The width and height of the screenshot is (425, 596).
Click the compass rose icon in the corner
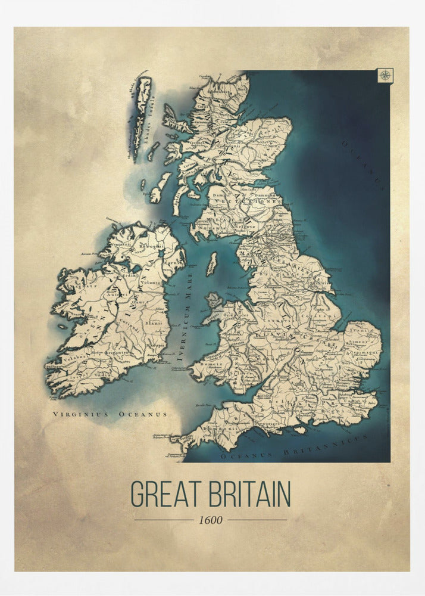tap(385, 75)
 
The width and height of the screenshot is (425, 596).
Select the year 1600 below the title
tap(211, 520)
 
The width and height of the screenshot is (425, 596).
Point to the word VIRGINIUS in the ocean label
tap(76, 413)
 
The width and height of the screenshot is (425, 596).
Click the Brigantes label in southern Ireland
tap(118, 353)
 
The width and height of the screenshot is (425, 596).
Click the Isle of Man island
tap(212, 264)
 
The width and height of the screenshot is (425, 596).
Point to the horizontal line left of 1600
tap(164, 520)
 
